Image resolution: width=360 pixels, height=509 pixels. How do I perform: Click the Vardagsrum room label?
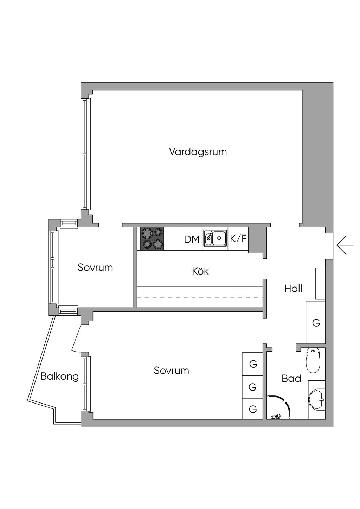point(198,152)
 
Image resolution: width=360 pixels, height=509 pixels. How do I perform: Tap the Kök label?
point(200,271)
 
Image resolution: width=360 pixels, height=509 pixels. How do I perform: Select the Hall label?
point(293,289)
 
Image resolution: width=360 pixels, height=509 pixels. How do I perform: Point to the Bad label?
point(291,379)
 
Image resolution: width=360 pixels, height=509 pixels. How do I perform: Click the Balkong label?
point(59,376)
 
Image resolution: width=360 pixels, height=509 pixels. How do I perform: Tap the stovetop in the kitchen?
point(152,239)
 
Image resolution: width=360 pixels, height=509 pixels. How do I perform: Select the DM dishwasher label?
point(192,239)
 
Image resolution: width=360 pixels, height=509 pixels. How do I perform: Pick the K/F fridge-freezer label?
point(238,239)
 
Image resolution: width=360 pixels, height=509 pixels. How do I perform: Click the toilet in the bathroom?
point(313,360)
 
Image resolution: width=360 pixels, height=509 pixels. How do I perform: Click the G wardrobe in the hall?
point(316,322)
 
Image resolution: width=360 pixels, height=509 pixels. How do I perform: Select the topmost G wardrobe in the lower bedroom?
point(253,364)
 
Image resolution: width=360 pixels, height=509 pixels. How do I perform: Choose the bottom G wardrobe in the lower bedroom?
point(253,409)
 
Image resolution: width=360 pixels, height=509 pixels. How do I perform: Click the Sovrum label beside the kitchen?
point(95,268)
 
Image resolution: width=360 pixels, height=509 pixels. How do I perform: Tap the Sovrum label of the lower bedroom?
point(171,371)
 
